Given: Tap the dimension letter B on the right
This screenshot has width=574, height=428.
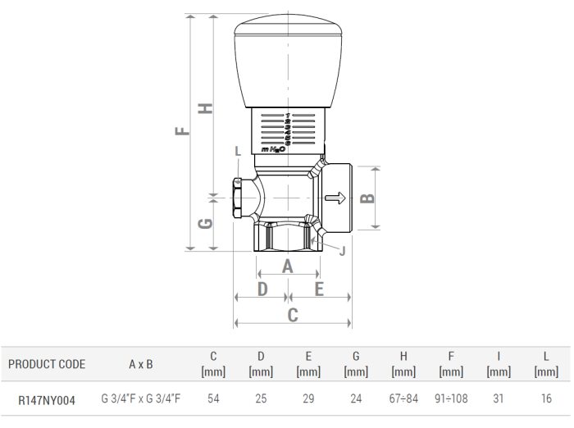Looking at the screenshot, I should click(x=368, y=197).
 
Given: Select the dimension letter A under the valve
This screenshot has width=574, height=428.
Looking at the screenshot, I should click(x=287, y=266).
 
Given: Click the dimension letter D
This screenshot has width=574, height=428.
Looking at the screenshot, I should click(x=262, y=289).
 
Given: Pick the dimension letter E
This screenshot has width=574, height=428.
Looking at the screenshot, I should click(x=318, y=289).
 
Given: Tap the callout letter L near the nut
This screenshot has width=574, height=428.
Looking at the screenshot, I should click(x=238, y=151).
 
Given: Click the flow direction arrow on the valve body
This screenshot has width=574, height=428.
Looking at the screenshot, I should click(x=335, y=198).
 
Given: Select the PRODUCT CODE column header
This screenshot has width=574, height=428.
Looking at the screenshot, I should click(x=47, y=364).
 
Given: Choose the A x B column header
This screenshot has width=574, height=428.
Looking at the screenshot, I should click(x=141, y=364).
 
